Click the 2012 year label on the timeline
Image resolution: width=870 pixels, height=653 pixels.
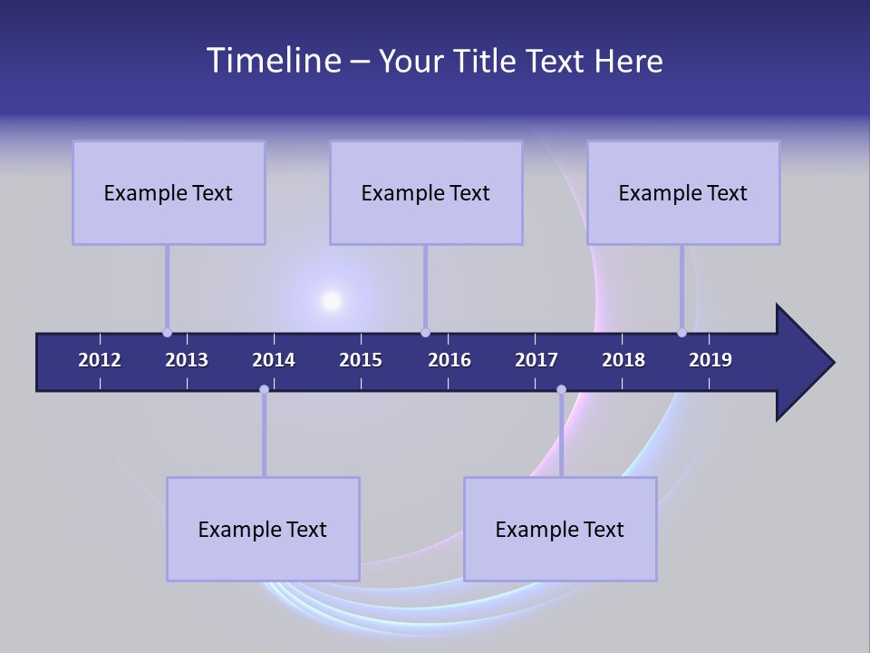coord(100,360)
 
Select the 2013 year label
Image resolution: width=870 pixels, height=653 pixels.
coord(187,360)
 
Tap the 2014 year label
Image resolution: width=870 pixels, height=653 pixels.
coord(274,360)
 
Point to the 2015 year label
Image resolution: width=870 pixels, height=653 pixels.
coord(361,360)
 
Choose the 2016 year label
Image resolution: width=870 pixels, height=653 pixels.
coord(449,360)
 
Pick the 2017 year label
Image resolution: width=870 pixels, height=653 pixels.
coord(536,360)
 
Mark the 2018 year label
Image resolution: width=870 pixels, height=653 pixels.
coord(623,360)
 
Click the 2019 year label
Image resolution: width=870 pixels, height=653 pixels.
coord(710,360)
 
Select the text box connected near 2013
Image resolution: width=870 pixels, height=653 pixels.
coord(169,192)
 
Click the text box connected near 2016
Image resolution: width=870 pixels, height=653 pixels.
coord(426,192)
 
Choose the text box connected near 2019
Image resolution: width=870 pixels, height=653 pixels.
coord(683,192)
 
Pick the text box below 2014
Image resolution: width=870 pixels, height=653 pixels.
coord(263,529)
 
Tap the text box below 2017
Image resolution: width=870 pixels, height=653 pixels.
coord(560,529)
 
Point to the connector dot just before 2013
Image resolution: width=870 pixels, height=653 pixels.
coord(167,333)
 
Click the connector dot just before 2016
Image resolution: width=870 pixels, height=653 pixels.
coord(425,333)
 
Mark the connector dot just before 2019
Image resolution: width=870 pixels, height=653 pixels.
coord(681,333)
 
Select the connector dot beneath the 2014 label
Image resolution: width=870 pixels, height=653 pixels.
coord(264,390)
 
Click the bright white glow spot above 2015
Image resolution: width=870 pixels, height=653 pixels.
coord(332,300)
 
